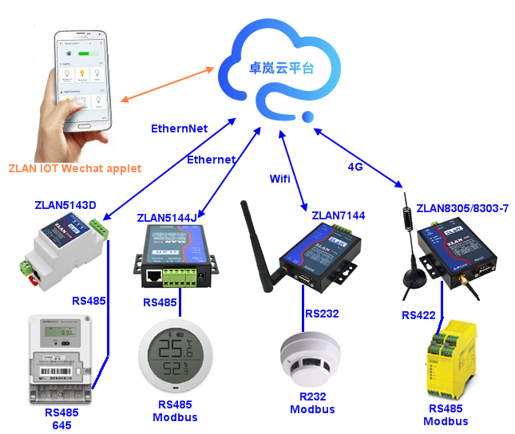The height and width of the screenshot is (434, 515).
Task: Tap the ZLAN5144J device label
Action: click(x=167, y=217)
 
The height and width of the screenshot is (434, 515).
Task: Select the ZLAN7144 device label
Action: click(x=339, y=215)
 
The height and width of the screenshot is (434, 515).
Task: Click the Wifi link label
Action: click(x=279, y=178)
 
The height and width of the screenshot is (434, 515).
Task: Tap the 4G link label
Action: click(x=356, y=166)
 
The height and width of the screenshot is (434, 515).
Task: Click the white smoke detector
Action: click(x=307, y=367)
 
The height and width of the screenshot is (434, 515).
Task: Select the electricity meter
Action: click(x=59, y=359)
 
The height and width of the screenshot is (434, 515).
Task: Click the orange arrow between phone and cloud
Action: click(x=168, y=84)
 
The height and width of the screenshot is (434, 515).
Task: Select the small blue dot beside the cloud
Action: click(x=307, y=119)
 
